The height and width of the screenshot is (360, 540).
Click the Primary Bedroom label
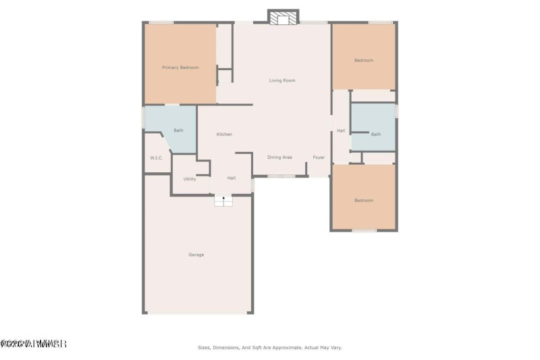(180, 68)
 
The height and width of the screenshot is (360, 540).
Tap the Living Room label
(282, 80)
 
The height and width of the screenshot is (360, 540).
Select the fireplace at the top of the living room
(283, 18)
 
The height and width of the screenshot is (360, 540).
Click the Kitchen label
(224, 134)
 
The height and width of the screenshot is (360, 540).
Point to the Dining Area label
(279, 157)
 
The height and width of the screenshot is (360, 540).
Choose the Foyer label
(319, 157)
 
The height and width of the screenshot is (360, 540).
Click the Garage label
(196, 255)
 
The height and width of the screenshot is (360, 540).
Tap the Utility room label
(190, 179)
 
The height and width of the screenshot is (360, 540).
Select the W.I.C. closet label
(157, 158)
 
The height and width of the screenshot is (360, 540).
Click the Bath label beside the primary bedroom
(178, 130)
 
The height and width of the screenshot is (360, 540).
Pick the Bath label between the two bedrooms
(376, 134)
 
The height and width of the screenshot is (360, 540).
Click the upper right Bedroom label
(364, 61)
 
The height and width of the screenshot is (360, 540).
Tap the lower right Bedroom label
(364, 201)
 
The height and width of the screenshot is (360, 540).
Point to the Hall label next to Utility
(232, 178)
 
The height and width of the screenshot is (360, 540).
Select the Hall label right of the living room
(341, 130)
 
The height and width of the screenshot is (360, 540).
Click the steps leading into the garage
(223, 201)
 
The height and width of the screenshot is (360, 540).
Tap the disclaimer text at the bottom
(270, 347)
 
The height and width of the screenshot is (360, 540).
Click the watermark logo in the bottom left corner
(33, 344)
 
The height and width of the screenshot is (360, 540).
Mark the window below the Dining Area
(281, 176)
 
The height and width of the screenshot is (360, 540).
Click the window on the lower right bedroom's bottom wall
(364, 231)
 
